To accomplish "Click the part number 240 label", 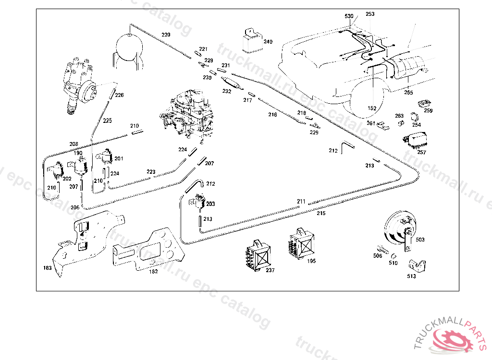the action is tap(268, 42).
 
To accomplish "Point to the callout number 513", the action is tap(411, 276).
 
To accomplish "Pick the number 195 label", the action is tap(311, 261).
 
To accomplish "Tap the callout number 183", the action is tap(48, 268).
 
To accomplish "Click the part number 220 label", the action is tap(166, 35).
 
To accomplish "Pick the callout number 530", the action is tap(349, 16).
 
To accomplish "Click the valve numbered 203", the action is tap(197, 202).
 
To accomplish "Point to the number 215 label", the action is tap(321, 213).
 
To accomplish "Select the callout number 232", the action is tap(227, 91).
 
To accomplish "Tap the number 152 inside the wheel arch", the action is tap(372, 108).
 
